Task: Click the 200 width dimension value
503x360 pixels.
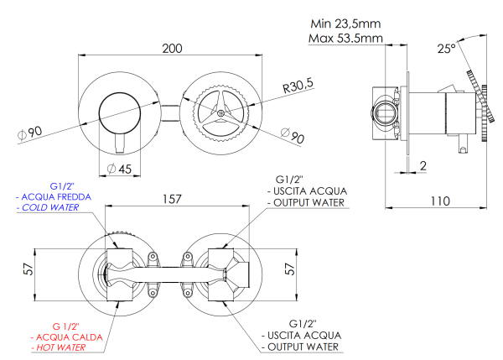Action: [x=171, y=49]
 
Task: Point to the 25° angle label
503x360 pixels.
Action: [x=446, y=49]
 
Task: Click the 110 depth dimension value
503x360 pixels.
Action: [x=440, y=201]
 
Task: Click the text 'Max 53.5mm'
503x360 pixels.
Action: [x=342, y=39]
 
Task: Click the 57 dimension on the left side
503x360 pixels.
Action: [x=27, y=270]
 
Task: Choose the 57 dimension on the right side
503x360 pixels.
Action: [x=290, y=269]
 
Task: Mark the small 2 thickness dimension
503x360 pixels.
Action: [x=423, y=166]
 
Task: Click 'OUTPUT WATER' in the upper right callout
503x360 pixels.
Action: [x=305, y=201]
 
